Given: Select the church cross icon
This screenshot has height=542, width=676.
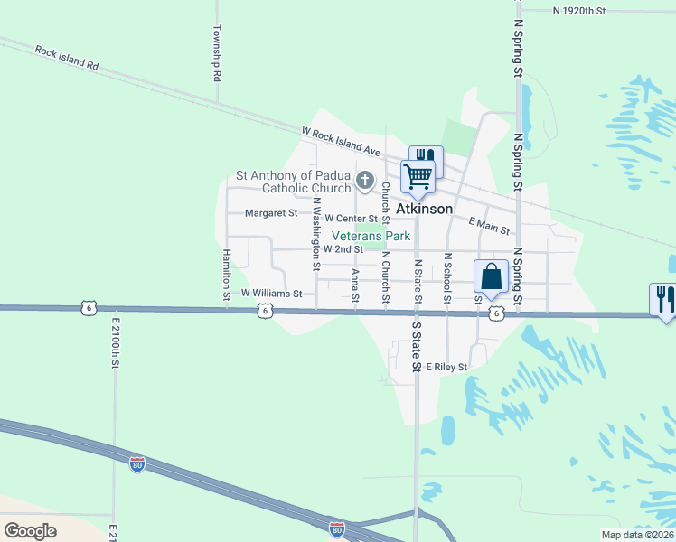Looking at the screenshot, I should click(x=365, y=181).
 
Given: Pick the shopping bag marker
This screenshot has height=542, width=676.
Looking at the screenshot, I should click(x=491, y=276).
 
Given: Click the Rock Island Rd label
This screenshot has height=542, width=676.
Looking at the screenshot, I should click(x=66, y=58).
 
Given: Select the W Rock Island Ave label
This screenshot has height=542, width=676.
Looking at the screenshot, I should click(x=341, y=140).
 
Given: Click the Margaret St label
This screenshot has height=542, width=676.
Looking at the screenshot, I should click(x=271, y=213).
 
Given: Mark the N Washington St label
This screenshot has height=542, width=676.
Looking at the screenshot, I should click(x=316, y=238).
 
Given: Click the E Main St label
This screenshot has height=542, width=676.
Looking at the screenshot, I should click(x=490, y=226).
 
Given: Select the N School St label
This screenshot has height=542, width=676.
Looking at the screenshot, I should click(x=447, y=278).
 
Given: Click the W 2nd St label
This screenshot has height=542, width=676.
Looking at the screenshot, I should click(x=343, y=248).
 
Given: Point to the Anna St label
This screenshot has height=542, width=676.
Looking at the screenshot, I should click(x=355, y=286).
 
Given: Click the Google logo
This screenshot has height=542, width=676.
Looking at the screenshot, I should click(x=30, y=530).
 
